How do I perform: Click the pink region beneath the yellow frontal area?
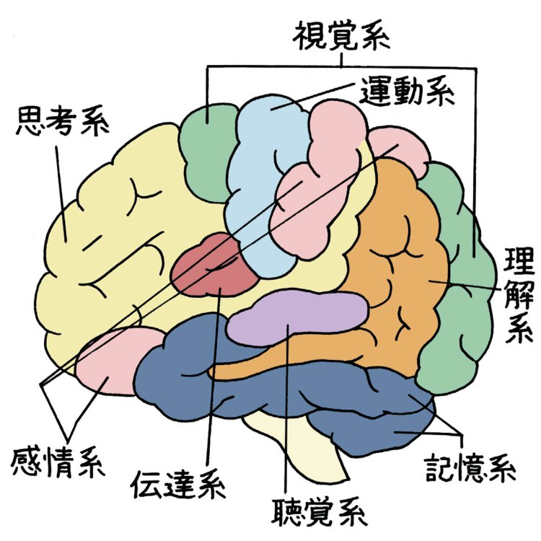(112, 361)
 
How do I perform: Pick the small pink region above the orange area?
(401, 148)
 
